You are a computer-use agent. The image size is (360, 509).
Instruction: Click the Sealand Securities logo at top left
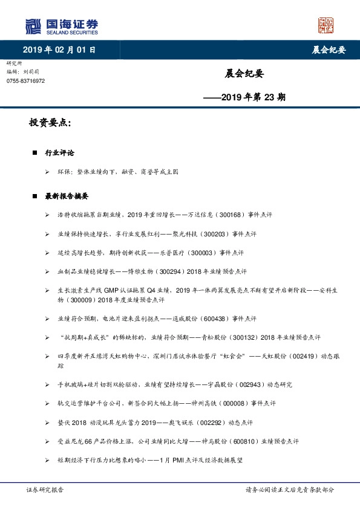coord(61,25)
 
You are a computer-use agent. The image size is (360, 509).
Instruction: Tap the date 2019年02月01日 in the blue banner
coord(60,50)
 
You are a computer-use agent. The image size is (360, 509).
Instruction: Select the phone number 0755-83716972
coord(25,81)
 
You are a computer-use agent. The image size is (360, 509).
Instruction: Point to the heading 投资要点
coord(50,123)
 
